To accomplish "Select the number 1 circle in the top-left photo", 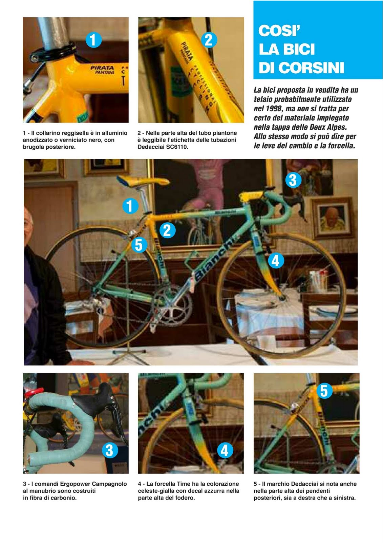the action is click(x=93, y=40).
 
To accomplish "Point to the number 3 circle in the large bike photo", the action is click(x=293, y=180).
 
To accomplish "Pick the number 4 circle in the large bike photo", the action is click(x=276, y=261).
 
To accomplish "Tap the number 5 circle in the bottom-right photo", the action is click(x=324, y=391).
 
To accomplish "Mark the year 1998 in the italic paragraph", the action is click(x=274, y=109).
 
